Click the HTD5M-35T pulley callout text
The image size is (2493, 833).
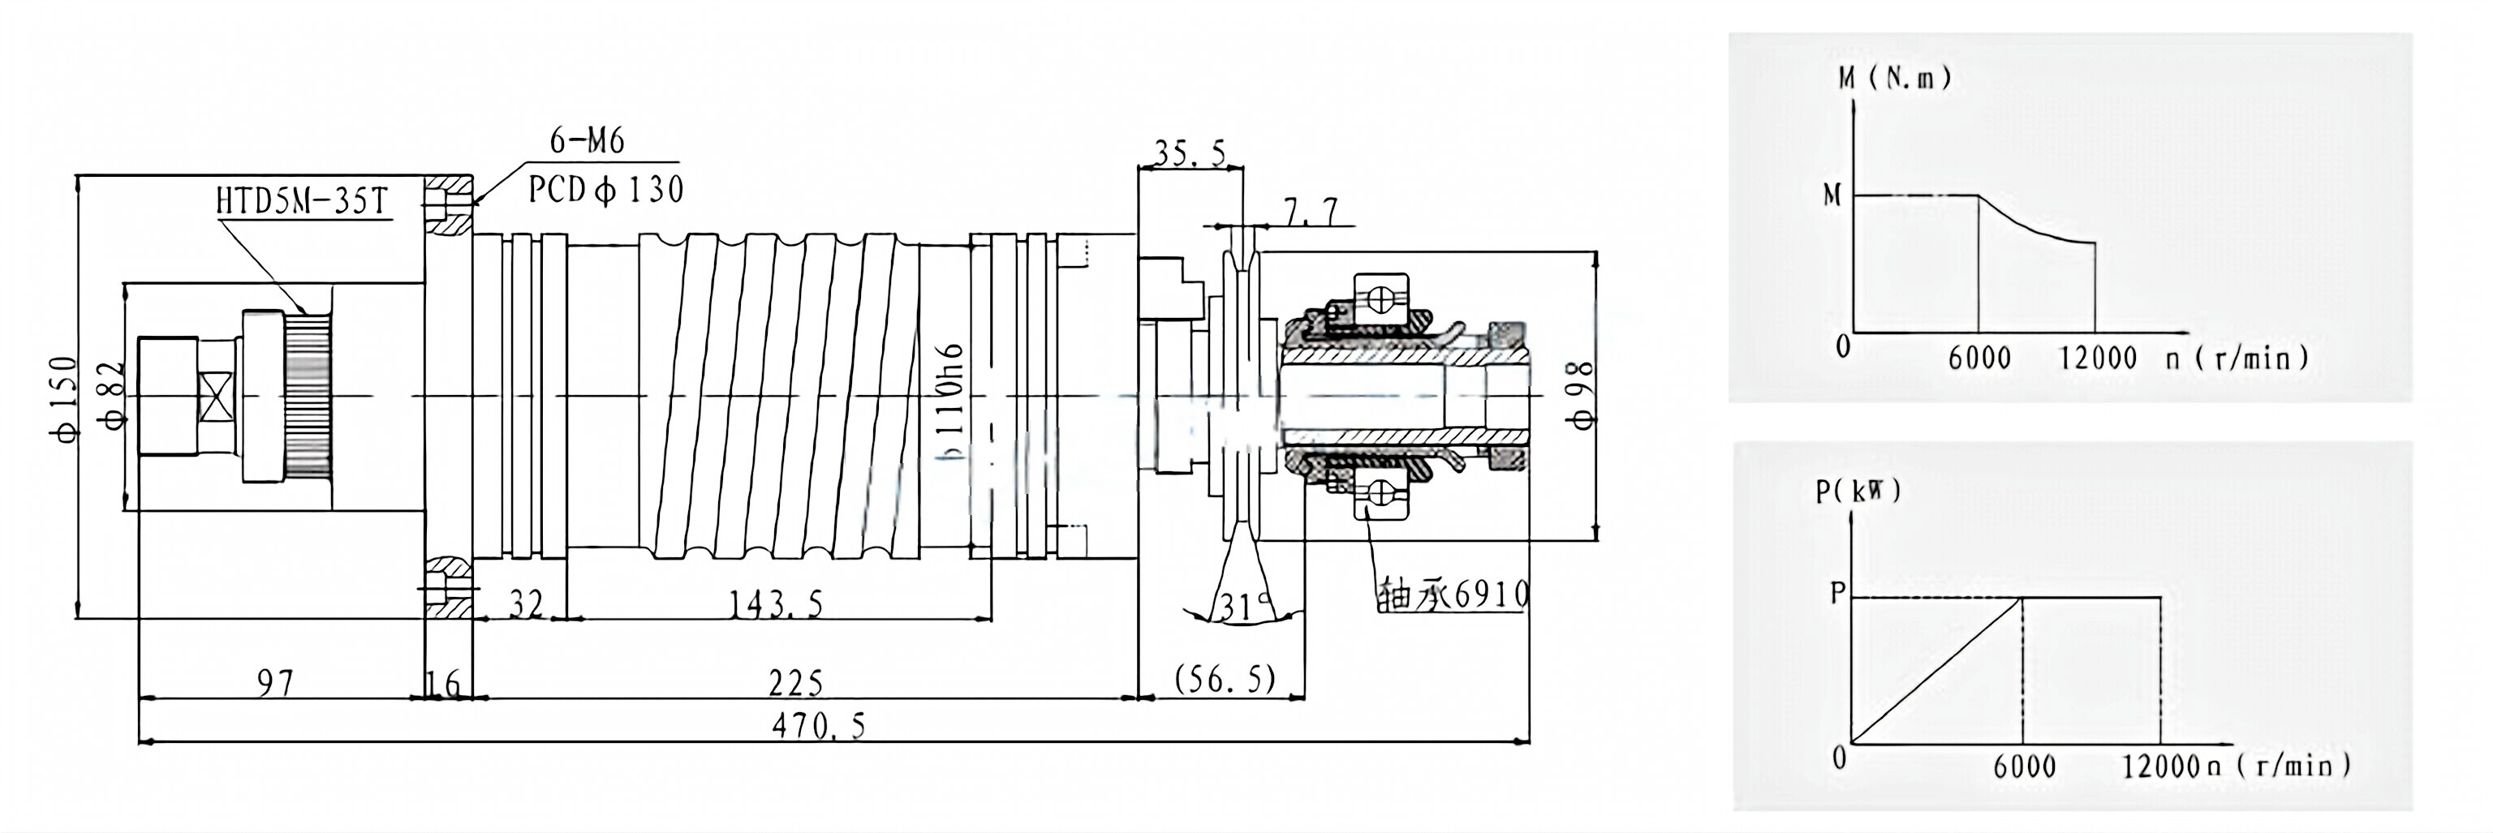(301, 202)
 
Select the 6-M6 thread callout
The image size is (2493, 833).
(587, 141)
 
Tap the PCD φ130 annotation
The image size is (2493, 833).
(606, 190)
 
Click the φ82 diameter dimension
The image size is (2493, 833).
(114, 396)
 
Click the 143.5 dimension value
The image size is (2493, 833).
(775, 604)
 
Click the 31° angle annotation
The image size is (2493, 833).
(1242, 608)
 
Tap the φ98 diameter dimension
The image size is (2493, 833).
(1580, 395)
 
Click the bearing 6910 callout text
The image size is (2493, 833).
(1452, 593)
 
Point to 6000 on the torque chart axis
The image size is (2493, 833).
(1978, 358)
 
